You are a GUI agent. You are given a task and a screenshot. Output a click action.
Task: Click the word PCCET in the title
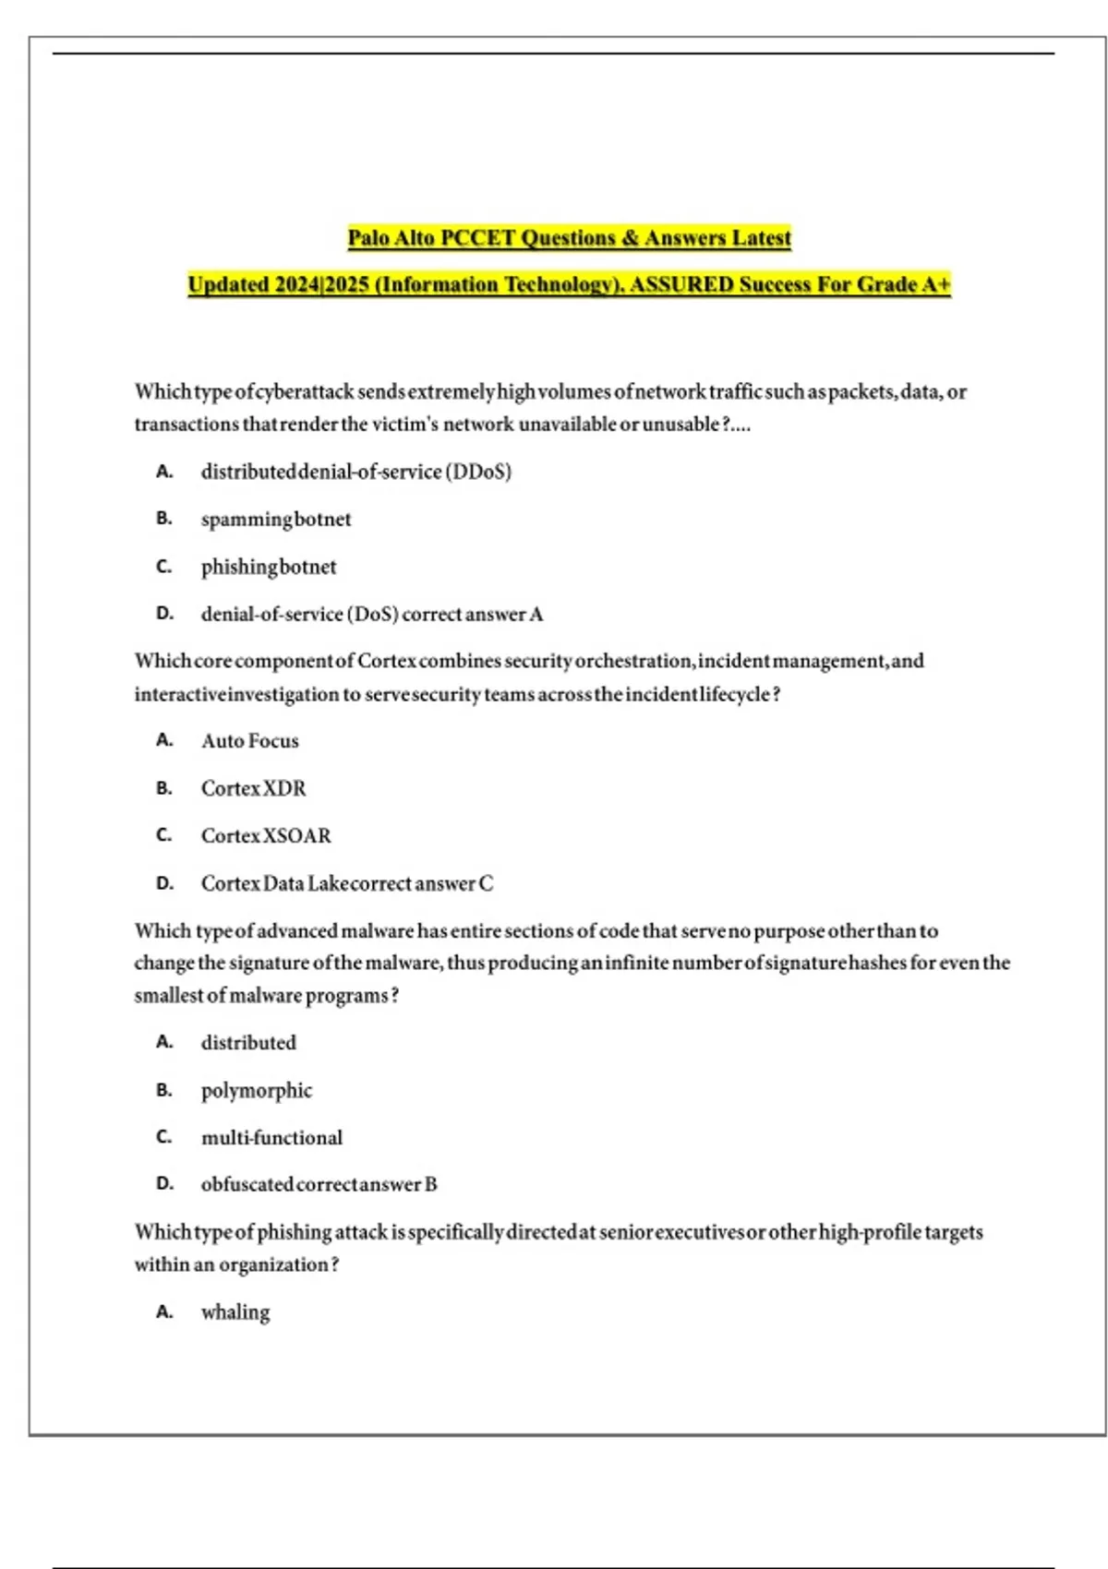click(477, 238)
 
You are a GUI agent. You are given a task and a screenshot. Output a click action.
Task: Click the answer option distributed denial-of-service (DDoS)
click(355, 472)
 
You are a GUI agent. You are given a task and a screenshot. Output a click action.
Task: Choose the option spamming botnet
click(276, 520)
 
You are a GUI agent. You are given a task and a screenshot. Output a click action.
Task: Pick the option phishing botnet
click(269, 567)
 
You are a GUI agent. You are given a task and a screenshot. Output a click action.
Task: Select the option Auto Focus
click(250, 741)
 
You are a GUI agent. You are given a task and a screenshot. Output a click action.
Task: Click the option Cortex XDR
click(254, 789)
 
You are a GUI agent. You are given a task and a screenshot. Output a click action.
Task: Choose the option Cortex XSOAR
click(266, 836)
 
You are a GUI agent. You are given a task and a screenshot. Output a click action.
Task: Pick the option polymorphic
click(257, 1091)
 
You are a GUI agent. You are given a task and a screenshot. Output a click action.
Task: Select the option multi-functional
click(271, 1138)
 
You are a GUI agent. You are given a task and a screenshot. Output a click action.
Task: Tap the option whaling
click(235, 1312)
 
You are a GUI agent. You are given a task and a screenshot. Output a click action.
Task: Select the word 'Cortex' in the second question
click(387, 662)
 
